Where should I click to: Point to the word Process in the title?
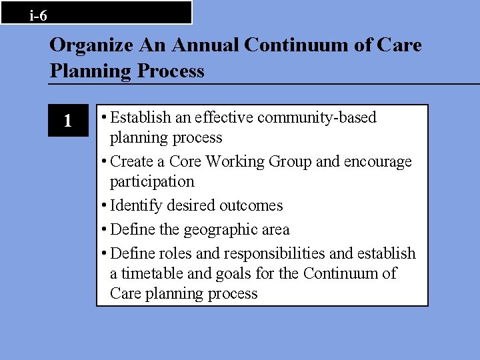coord(170,71)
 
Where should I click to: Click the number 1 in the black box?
coord(67,121)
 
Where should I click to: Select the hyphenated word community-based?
coord(317,118)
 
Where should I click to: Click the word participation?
coord(152,181)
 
